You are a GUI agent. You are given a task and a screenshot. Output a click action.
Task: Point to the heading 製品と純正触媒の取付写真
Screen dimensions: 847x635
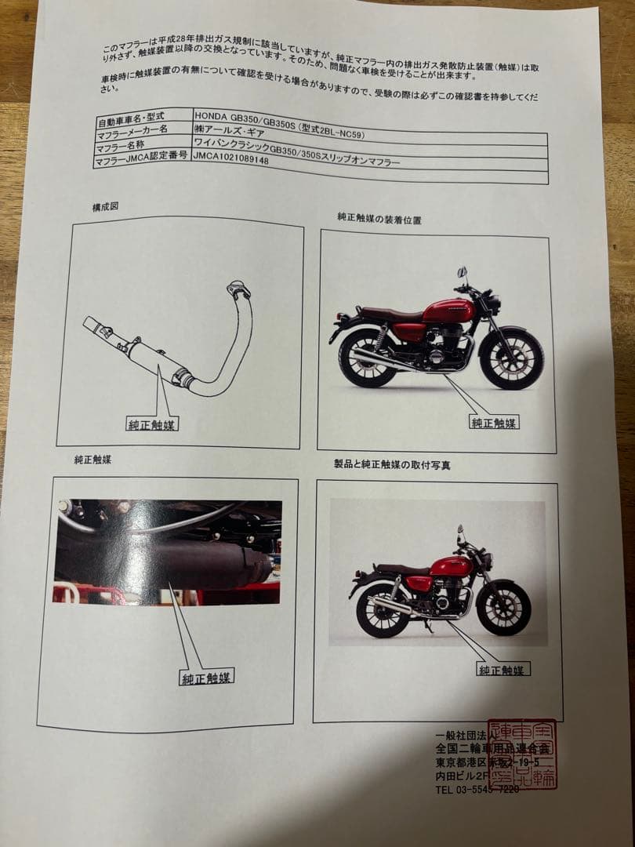click(x=392, y=464)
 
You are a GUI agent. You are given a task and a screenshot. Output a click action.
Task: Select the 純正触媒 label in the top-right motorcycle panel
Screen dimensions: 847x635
click(x=494, y=422)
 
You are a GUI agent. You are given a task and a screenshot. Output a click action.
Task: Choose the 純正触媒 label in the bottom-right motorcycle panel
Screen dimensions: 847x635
click(x=504, y=669)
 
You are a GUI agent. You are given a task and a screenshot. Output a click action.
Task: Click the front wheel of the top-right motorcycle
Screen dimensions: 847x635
click(x=511, y=358)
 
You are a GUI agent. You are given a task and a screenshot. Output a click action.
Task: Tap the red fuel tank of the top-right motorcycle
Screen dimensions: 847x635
click(x=448, y=311)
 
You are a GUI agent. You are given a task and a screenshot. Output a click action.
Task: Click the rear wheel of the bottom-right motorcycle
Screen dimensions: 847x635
click(x=382, y=609)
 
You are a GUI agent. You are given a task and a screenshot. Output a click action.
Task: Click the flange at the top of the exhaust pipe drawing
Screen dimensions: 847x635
click(x=238, y=290)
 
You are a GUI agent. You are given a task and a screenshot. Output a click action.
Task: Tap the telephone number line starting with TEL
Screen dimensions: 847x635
click(x=476, y=789)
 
